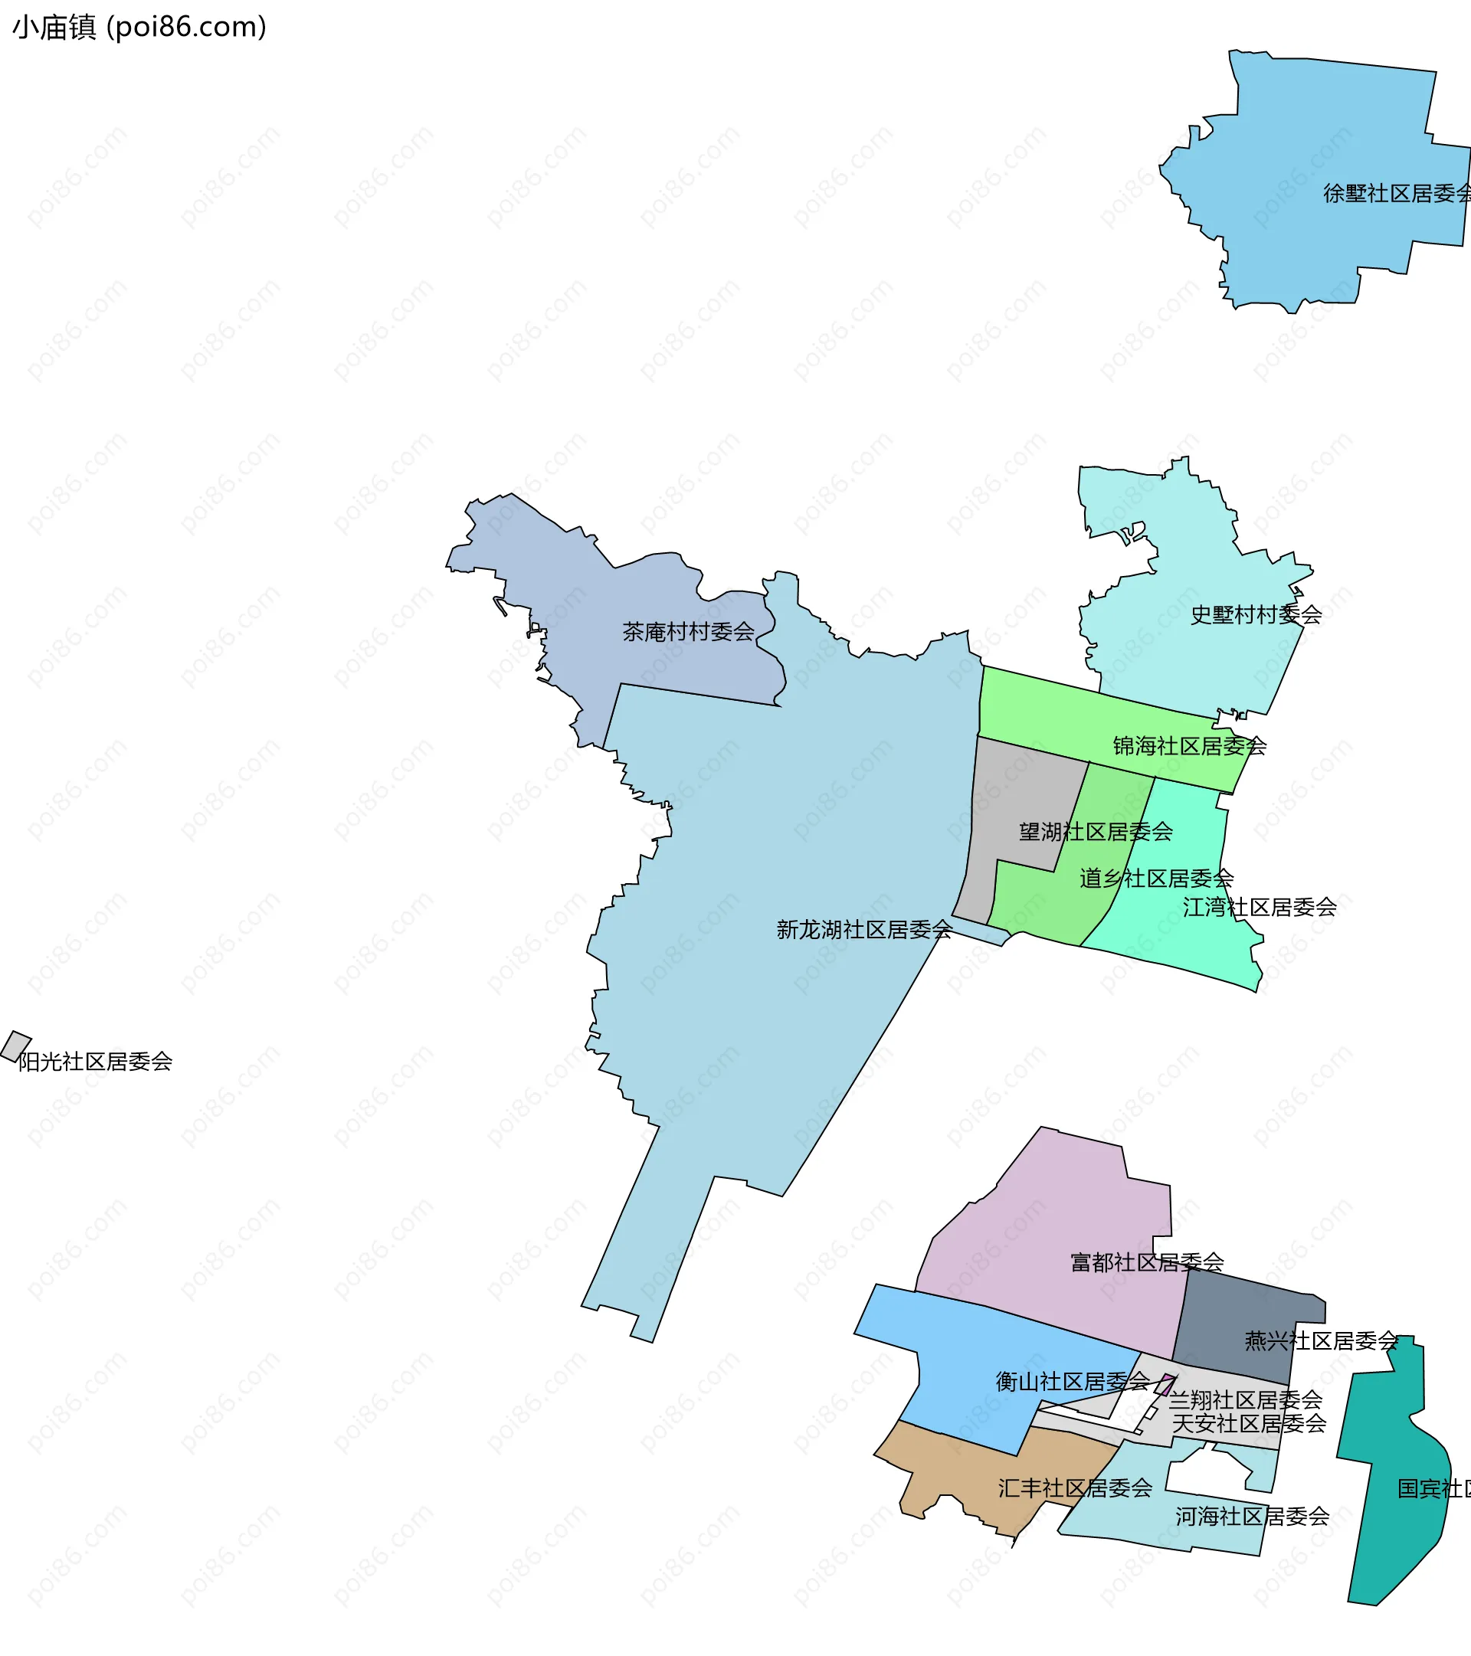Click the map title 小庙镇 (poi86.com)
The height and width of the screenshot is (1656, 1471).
tap(139, 28)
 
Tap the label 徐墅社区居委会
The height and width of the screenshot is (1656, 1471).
tap(1397, 194)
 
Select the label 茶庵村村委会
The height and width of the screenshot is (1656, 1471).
tap(688, 631)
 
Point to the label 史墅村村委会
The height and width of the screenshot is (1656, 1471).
tap(1256, 615)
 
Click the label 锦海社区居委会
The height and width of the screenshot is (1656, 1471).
tap(1189, 746)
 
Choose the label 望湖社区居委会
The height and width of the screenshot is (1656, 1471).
tap(1096, 831)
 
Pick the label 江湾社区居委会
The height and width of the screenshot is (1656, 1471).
tap(1260, 908)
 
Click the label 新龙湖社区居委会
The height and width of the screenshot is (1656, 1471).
tap(864, 929)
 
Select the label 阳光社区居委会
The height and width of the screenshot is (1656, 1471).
tap(95, 1062)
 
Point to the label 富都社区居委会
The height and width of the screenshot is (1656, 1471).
tap(1147, 1262)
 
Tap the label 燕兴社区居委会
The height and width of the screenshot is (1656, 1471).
tap(1321, 1341)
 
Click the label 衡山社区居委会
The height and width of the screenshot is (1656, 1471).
tap(1073, 1381)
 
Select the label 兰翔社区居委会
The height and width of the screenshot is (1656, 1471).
tap(1245, 1400)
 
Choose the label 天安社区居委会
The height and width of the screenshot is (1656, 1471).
tap(1249, 1423)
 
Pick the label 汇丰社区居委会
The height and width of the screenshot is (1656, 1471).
tap(1075, 1488)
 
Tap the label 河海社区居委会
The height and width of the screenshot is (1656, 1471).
tap(1252, 1517)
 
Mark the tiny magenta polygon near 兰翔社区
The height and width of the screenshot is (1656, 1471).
tap(1165, 1384)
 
